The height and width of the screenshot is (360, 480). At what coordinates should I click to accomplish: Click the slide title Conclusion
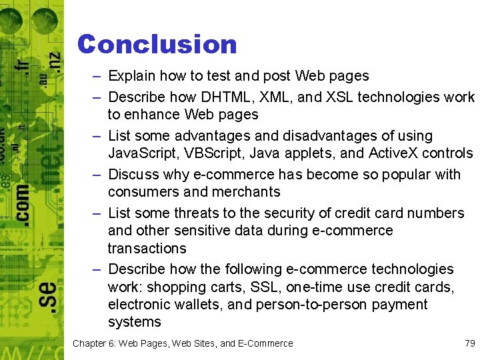pyautogui.click(x=157, y=45)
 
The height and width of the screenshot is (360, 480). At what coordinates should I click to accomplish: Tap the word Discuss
pyautogui.click(x=132, y=175)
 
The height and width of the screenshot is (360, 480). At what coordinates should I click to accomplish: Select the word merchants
pyautogui.click(x=247, y=192)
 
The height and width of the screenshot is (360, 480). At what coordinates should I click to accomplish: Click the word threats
pyautogui.click(x=198, y=213)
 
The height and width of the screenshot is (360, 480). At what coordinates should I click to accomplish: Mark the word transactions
pyautogui.click(x=147, y=248)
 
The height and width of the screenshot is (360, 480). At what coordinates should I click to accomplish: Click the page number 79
pyautogui.click(x=469, y=343)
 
